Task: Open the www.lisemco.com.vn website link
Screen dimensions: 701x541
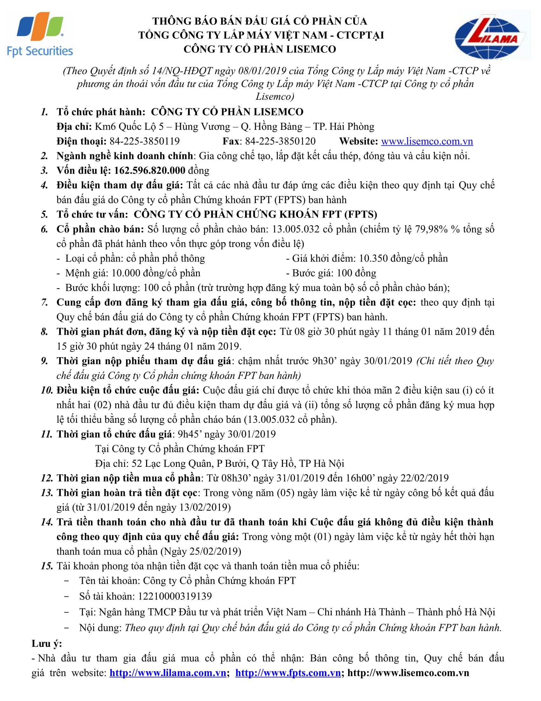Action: pos(427,141)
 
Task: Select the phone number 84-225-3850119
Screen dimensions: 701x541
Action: pos(144,141)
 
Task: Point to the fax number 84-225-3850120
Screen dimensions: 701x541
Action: pos(280,141)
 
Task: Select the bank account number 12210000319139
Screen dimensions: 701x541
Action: pos(175,596)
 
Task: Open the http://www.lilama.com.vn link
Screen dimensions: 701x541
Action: pos(168,673)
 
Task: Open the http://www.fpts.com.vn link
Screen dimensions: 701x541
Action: pos(288,673)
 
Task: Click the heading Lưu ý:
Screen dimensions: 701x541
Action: pos(47,644)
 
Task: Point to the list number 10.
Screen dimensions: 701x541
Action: pos(47,390)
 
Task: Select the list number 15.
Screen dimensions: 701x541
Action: pos(47,566)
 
